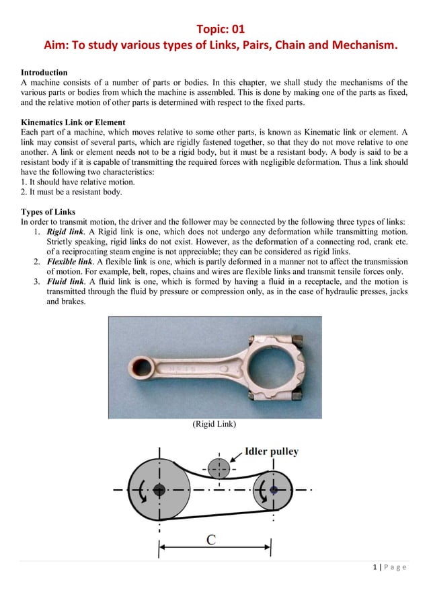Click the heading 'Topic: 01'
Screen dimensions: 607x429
pyautogui.click(x=220, y=29)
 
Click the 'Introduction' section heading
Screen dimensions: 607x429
pyautogui.click(x=44, y=72)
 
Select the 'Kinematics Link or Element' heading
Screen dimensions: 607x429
pyautogui.click(x=73, y=122)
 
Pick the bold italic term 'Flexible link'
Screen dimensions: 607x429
pyautogui.click(x=70, y=261)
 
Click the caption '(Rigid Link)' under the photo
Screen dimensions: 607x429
pyautogui.click(x=214, y=425)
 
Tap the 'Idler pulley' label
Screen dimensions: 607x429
pyautogui.click(x=272, y=452)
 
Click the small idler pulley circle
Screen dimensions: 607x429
pyautogui.click(x=218, y=468)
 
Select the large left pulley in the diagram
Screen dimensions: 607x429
pyautogui.click(x=159, y=489)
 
